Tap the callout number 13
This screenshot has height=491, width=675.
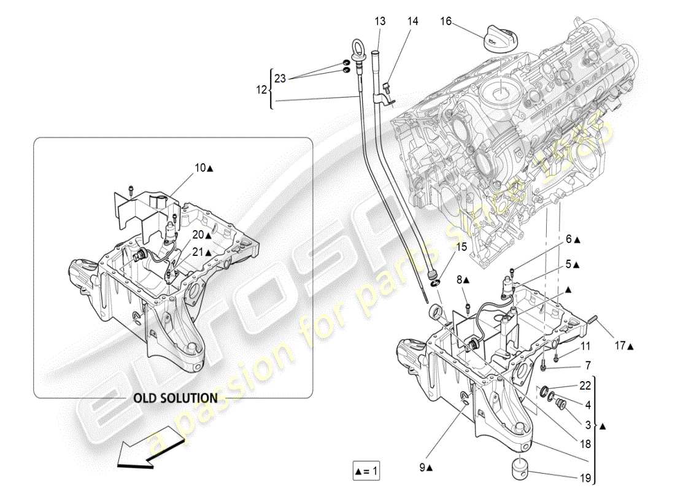click(x=380, y=21)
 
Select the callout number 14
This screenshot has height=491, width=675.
click(x=412, y=21)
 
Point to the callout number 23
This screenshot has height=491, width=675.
click(x=280, y=79)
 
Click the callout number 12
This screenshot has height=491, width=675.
click(x=261, y=90)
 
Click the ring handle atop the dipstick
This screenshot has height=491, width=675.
click(x=358, y=46)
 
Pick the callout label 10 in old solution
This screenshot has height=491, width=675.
click(x=201, y=168)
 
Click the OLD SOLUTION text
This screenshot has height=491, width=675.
click(x=175, y=398)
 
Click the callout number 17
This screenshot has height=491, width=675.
click(x=620, y=346)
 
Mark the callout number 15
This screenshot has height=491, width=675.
click(x=461, y=247)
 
